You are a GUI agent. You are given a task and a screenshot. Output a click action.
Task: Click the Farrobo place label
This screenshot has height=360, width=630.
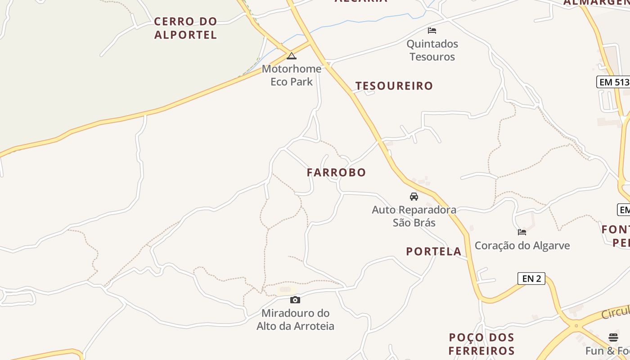pyautogui.click(x=336, y=172)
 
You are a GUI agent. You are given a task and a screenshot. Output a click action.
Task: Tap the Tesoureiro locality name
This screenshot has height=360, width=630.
pyautogui.click(x=394, y=86)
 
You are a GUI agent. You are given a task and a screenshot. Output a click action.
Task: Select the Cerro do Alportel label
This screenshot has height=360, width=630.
pyautogui.click(x=185, y=28)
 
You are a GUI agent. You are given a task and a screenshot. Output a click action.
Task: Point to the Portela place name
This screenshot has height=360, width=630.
pyautogui.click(x=434, y=252)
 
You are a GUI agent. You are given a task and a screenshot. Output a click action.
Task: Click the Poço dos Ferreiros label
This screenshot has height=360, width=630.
pyautogui.click(x=481, y=344)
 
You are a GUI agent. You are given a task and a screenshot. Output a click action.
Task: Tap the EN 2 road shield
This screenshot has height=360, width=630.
pyautogui.click(x=531, y=279)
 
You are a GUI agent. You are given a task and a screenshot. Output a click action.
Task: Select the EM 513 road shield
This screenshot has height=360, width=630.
pyautogui.click(x=613, y=82)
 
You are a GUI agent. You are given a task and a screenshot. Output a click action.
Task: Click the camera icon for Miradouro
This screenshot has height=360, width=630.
pyautogui.click(x=295, y=300)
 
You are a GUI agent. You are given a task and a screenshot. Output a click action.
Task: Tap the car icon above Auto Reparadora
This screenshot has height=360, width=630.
pyautogui.click(x=414, y=197)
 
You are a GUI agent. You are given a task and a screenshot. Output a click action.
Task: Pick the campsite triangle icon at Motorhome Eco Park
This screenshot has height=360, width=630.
pyautogui.click(x=292, y=56)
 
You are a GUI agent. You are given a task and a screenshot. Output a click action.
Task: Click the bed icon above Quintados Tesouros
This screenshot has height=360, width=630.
pyautogui.click(x=432, y=31)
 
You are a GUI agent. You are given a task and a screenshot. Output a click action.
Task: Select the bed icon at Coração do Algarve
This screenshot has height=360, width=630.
pyautogui.click(x=522, y=232)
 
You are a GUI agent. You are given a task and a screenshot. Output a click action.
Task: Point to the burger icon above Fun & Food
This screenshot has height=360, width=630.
pyautogui.click(x=613, y=337)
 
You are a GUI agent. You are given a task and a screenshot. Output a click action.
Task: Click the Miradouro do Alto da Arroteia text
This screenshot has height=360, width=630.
pyautogui.click(x=295, y=319)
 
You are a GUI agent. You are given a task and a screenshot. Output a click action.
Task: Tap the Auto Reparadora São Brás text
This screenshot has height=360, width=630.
pyautogui.click(x=414, y=216)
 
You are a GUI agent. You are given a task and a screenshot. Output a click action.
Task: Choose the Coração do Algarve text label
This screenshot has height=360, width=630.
pyautogui.click(x=522, y=246)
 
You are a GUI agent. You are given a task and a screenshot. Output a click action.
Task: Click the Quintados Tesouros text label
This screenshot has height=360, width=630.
pyautogui.click(x=432, y=50)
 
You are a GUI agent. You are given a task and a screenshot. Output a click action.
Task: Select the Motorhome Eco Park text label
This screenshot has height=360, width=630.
pyautogui.click(x=292, y=75)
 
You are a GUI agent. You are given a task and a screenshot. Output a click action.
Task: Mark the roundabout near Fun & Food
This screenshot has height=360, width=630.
pyautogui.click(x=576, y=325)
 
